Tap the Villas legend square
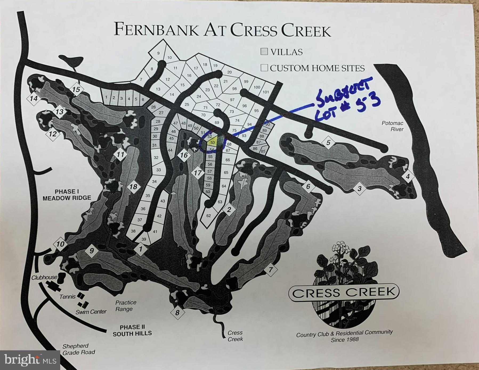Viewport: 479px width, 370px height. point(264,52)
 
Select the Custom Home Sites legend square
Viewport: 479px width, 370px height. point(264,68)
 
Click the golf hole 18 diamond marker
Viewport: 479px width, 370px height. point(133,187)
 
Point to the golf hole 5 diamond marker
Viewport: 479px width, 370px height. point(328,143)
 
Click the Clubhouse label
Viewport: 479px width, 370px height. point(44,277)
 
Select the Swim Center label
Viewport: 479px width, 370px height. point(91,311)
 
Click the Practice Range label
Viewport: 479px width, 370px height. point(125,306)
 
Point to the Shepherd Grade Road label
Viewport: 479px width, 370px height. point(79,349)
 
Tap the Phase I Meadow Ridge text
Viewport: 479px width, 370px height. point(67,195)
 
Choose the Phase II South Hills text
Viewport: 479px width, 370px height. point(132,330)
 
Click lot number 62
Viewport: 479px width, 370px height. point(208,215)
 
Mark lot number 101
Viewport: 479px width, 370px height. point(266,92)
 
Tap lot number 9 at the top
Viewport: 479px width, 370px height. point(158,53)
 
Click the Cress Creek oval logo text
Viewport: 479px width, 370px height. point(344,293)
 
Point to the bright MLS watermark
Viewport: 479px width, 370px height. point(30,360)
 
